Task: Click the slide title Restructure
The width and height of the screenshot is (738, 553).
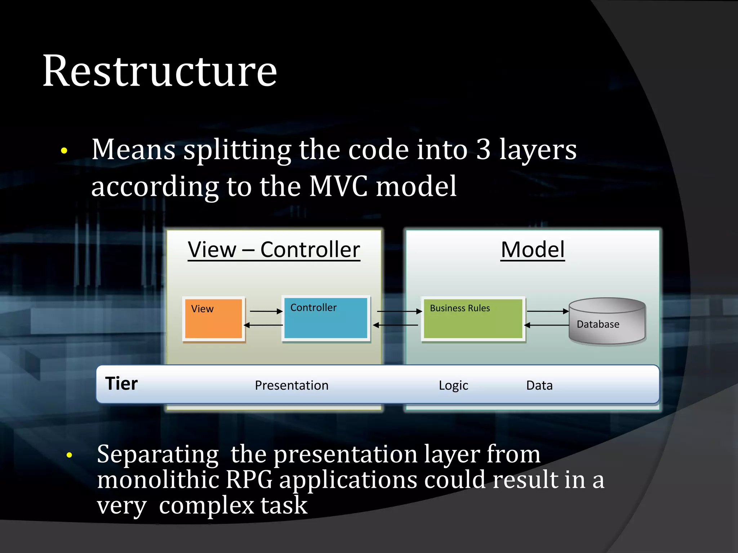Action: coord(160,71)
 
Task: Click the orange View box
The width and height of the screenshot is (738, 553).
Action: coord(213,319)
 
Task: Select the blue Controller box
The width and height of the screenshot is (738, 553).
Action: coord(326,318)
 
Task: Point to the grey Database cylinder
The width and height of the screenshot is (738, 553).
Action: coord(607,321)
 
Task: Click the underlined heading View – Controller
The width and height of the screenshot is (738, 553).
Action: coord(274,249)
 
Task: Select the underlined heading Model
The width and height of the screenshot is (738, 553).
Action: coord(533,249)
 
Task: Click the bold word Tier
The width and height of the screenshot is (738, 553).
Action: coord(121,384)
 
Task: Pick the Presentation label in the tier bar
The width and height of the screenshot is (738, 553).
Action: coord(292,386)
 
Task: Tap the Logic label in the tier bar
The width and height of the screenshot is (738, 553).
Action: coord(453,386)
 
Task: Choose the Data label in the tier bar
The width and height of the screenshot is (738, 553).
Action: coord(539,386)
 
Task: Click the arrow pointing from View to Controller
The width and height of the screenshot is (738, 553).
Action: coord(266,311)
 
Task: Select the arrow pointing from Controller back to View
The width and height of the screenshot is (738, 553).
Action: coord(264,325)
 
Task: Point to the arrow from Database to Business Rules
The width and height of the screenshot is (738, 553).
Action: coord(546,325)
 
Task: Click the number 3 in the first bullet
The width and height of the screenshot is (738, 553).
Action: coord(483,149)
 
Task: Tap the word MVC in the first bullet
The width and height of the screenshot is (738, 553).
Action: coord(338,186)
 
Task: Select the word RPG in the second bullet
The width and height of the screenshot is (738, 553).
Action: coord(249,480)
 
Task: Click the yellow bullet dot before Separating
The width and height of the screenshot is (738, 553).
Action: coord(69,455)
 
